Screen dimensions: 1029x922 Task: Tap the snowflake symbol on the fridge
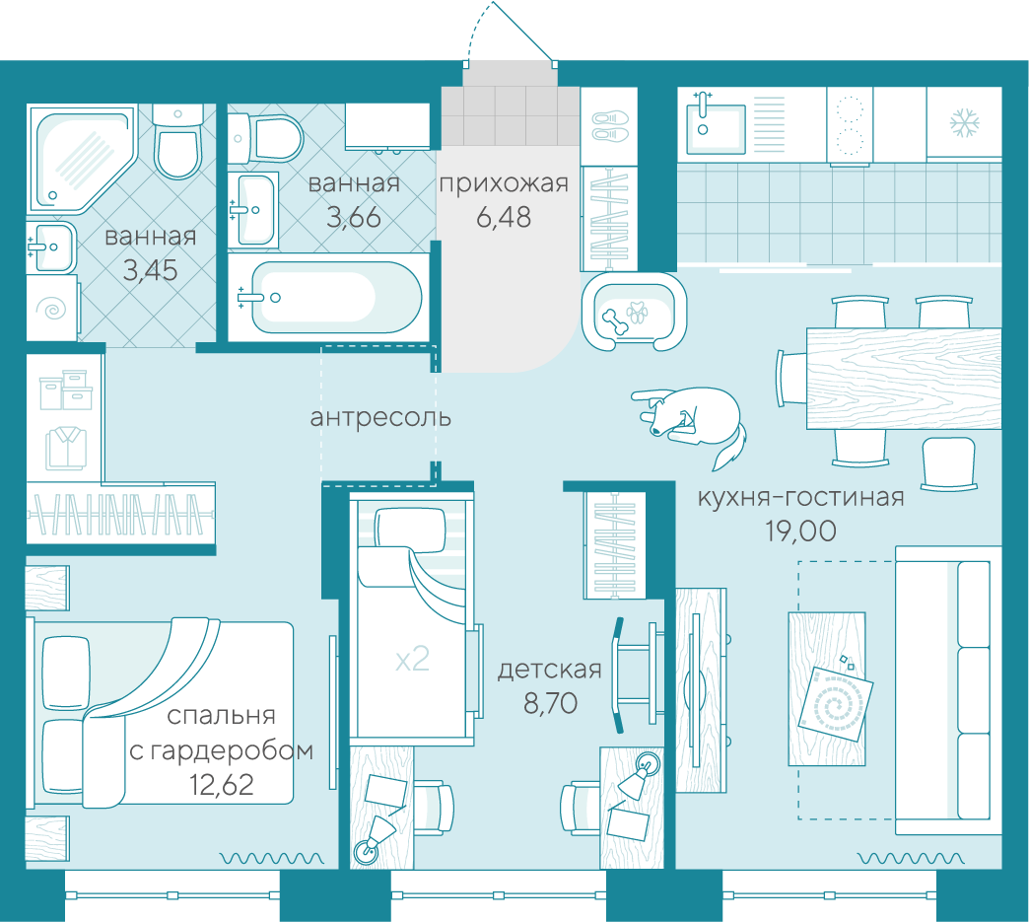965,123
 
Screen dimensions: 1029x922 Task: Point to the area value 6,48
504,217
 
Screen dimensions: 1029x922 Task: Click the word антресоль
380,417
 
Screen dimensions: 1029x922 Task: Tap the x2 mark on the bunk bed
412,659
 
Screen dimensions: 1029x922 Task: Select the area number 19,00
800,532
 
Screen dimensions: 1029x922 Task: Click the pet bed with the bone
634,312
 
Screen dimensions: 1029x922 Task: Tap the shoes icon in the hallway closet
610,127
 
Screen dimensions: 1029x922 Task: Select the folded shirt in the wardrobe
66,448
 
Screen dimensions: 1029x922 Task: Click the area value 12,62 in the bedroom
222,785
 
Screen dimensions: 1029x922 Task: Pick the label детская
550,670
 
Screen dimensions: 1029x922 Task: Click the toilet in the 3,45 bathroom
177,142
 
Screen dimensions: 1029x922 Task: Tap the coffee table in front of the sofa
827,689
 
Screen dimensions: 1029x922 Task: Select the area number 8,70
550,703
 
